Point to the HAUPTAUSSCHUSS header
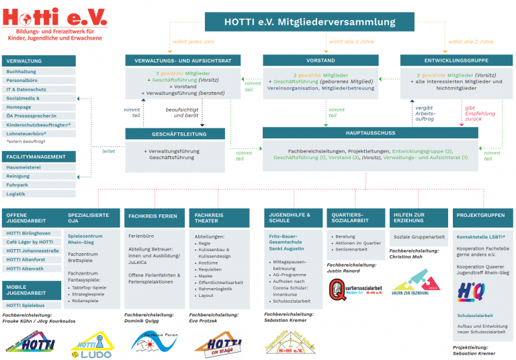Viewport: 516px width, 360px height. click(371, 134)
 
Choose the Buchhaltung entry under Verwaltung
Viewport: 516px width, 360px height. click(21, 71)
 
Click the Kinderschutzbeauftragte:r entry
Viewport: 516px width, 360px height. click(38, 124)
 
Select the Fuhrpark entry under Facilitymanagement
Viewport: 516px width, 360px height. click(18, 185)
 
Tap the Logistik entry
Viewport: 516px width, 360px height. click(16, 194)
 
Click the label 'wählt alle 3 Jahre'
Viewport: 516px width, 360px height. click(350, 40)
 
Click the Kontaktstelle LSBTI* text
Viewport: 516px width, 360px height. click(480, 237)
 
